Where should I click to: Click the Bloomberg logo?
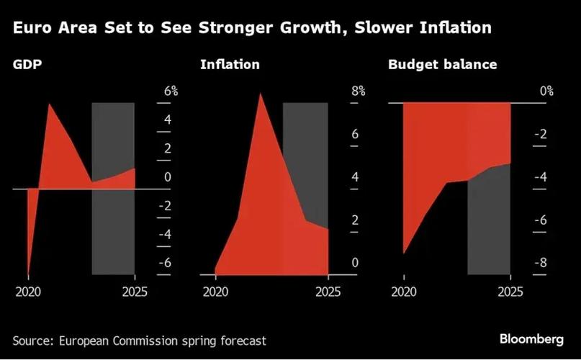(x=531, y=339)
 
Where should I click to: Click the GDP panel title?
(x=27, y=65)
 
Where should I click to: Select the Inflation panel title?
(x=230, y=65)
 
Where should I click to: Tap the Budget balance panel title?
(x=443, y=65)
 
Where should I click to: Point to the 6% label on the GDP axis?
(x=171, y=91)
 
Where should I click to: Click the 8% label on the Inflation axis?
(x=359, y=91)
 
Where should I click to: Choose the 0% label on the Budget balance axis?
(x=546, y=91)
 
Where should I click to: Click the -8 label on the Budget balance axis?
(x=541, y=263)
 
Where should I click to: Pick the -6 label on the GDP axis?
(x=165, y=263)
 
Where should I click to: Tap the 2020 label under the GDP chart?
(x=28, y=292)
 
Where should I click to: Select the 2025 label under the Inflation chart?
(x=328, y=292)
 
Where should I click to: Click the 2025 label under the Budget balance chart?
(x=510, y=292)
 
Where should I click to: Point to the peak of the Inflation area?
(x=260, y=93)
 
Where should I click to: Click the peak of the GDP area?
(x=49, y=104)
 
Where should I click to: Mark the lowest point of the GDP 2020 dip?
(x=28, y=276)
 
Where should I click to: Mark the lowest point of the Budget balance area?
(x=403, y=253)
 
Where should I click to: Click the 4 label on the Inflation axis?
(x=355, y=177)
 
